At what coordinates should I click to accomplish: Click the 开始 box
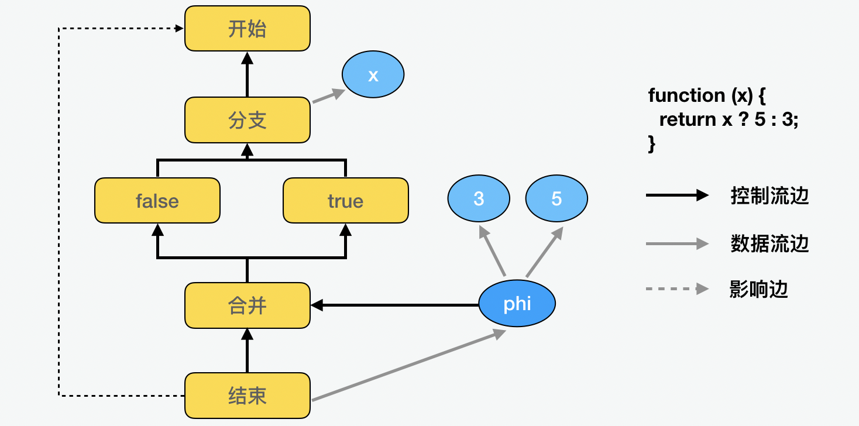click(x=248, y=29)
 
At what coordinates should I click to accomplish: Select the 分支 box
click(x=248, y=120)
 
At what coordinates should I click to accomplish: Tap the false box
click(x=157, y=201)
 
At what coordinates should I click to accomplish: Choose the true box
click(x=345, y=201)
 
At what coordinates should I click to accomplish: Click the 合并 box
click(x=248, y=305)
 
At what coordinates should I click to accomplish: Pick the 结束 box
click(x=248, y=396)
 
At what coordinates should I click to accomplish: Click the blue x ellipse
click(x=373, y=75)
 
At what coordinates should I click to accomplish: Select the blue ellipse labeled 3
click(x=479, y=199)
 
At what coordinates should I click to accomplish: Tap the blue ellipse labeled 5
click(x=556, y=199)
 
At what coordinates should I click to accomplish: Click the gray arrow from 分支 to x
click(x=328, y=97)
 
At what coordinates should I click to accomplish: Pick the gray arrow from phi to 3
click(x=493, y=252)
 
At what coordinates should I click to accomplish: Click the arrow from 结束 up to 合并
click(x=248, y=351)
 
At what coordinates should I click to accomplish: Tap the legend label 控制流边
click(x=769, y=196)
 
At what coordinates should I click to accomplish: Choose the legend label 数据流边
click(x=769, y=243)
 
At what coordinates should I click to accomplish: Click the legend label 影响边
click(x=759, y=289)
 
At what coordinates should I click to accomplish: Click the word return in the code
click(x=687, y=119)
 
